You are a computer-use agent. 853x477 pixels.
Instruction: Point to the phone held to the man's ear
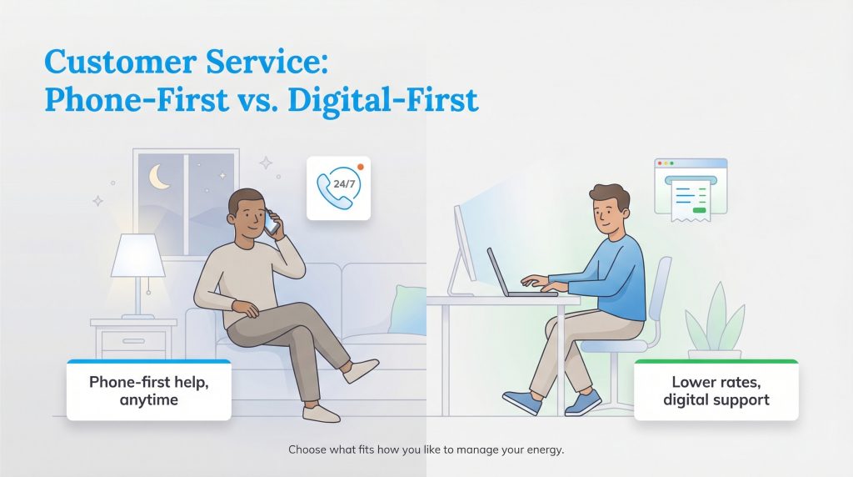272,223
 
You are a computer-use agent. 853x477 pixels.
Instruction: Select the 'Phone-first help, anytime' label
148,390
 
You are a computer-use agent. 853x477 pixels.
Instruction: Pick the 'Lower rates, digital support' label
716,390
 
